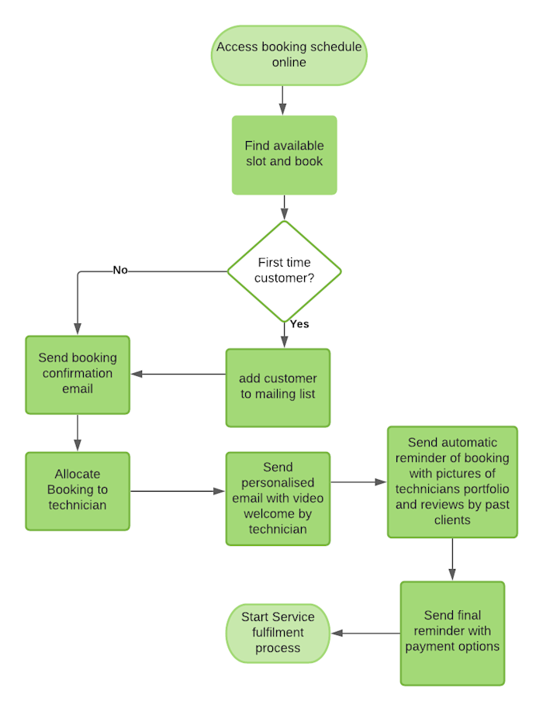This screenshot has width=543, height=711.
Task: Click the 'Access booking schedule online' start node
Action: click(289, 55)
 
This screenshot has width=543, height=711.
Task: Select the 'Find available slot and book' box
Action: click(285, 154)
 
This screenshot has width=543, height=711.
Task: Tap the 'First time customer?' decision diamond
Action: click(285, 271)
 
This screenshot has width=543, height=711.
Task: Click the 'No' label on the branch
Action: click(120, 271)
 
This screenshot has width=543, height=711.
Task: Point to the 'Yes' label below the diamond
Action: click(299, 324)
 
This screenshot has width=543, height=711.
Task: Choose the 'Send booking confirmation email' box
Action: click(78, 374)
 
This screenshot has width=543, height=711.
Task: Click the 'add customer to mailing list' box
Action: click(278, 387)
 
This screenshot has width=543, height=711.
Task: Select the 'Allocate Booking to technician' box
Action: click(78, 490)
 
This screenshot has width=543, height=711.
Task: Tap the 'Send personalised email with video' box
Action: click(278, 499)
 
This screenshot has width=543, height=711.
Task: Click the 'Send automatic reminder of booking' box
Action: click(452, 481)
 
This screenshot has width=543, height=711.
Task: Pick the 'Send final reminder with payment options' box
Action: click(452, 633)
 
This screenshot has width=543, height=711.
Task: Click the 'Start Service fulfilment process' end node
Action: click(278, 633)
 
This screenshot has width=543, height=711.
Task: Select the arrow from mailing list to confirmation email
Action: click(178, 374)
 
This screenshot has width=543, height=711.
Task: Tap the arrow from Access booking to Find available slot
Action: click(282, 99)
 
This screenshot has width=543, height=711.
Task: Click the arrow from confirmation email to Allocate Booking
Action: click(78, 433)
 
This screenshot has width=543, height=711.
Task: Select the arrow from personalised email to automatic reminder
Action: click(358, 482)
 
